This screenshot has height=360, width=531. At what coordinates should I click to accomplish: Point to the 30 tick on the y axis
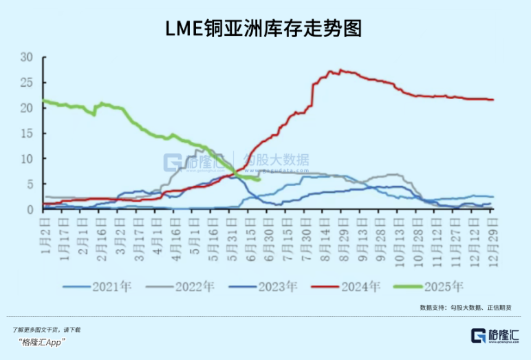click(27, 57)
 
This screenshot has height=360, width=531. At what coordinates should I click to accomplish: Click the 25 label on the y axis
click(27, 83)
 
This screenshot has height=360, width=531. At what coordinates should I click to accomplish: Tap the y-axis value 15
click(27, 134)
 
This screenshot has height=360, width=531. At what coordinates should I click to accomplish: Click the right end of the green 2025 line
click(259, 180)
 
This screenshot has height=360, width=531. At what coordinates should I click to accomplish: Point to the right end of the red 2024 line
click(492, 100)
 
